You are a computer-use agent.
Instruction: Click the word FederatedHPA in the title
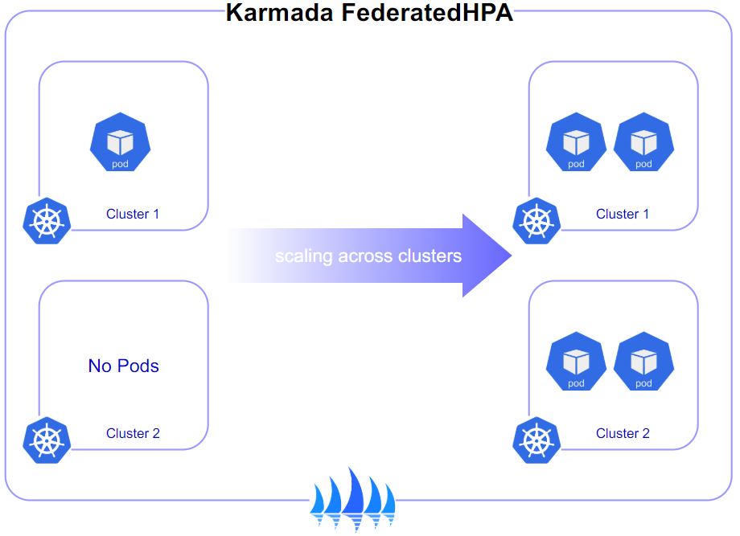[419, 13]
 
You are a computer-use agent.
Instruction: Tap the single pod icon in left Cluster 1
[121, 142]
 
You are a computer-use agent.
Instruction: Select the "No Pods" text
[124, 366]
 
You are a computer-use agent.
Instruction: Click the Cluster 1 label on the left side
[133, 214]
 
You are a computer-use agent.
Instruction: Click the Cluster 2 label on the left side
[133, 433]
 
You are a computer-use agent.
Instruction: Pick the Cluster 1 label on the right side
[623, 214]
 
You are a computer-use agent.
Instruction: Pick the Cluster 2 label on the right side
[623, 433]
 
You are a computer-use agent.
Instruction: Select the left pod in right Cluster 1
[576, 142]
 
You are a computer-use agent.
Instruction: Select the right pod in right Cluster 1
[643, 142]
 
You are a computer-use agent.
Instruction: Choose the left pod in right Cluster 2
[576, 362]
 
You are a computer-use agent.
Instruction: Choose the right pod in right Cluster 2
[643, 362]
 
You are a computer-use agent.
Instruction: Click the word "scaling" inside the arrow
[304, 256]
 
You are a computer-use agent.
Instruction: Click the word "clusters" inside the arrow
[430, 256]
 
